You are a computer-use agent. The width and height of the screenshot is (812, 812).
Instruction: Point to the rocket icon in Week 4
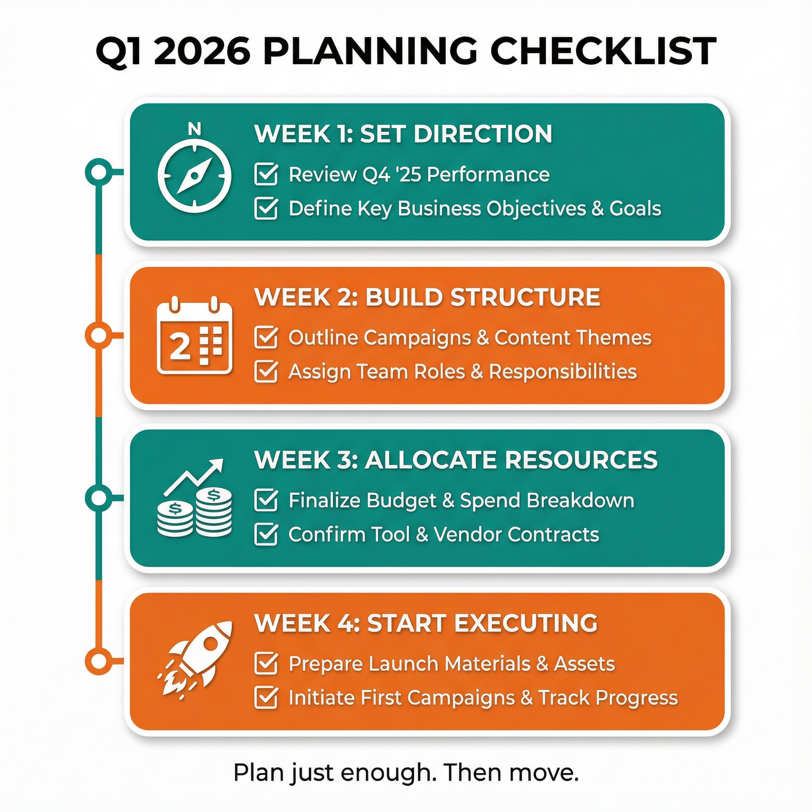point(194,659)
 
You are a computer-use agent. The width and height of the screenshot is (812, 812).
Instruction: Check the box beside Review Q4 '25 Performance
point(266,175)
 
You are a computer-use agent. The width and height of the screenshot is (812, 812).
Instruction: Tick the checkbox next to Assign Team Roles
point(266,372)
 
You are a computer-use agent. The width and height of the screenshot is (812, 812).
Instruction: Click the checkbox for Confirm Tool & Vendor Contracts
point(266,535)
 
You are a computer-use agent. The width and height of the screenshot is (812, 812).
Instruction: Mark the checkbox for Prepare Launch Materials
point(266,663)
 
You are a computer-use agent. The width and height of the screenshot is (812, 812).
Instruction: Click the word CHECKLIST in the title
point(603,52)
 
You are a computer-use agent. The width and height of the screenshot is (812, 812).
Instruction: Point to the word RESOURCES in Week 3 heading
point(581,460)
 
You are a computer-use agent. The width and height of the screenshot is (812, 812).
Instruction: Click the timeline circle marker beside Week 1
point(99,172)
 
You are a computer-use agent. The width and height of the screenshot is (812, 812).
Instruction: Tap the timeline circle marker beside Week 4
point(99,661)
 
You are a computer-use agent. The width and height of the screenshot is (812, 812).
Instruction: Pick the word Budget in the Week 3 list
point(401,501)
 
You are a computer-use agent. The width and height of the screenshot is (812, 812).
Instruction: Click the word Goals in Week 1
point(635,208)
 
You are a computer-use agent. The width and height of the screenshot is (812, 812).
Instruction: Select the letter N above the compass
point(194,129)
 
